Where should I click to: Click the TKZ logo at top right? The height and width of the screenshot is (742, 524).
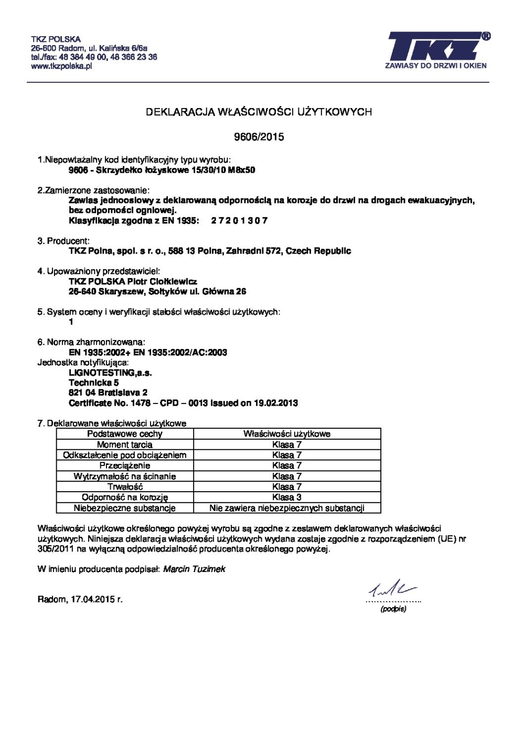click(x=436, y=46)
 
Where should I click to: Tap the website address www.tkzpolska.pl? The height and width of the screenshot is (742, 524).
click(x=61, y=66)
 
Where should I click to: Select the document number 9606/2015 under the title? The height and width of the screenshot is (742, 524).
click(x=259, y=137)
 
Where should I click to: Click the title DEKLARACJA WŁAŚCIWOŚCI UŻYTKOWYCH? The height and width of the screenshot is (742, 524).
click(x=259, y=112)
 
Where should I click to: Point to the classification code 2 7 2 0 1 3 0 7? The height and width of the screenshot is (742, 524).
click(x=239, y=220)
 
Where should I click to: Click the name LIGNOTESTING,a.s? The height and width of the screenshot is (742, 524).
click(x=110, y=373)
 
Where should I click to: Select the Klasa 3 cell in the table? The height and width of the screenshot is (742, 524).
click(x=287, y=497)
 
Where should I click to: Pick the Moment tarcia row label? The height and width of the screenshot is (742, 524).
click(x=125, y=444)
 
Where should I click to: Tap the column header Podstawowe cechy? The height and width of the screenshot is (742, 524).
click(x=125, y=434)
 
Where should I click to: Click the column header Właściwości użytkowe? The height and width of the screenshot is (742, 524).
click(x=287, y=434)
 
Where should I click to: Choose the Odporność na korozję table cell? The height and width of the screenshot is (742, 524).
click(x=125, y=497)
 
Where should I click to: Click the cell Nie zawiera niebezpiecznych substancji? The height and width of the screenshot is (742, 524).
click(x=287, y=508)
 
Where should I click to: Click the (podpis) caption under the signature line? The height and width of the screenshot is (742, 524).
click(x=393, y=609)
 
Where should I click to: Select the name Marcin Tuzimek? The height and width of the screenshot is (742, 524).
click(x=194, y=569)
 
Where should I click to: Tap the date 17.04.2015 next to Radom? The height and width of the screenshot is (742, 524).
click(x=95, y=599)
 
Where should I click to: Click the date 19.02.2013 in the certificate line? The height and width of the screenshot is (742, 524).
click(x=276, y=403)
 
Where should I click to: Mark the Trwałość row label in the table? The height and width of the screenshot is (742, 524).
click(x=125, y=486)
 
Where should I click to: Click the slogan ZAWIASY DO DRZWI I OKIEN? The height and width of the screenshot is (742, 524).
click(x=435, y=66)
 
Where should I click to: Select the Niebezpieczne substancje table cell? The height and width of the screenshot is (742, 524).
click(x=125, y=508)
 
